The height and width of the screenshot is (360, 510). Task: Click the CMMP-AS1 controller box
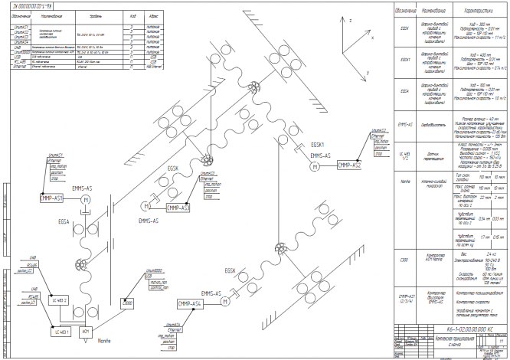coord(55,198)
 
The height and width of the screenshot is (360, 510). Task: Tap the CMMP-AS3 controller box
coord(178,208)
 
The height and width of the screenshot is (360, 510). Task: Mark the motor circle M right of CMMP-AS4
coord(223,303)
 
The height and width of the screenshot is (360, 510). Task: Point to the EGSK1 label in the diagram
coord(318,145)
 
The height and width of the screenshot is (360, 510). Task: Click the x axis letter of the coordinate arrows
coord(372,35)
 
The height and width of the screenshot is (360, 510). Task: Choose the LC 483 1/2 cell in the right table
coord(404,154)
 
